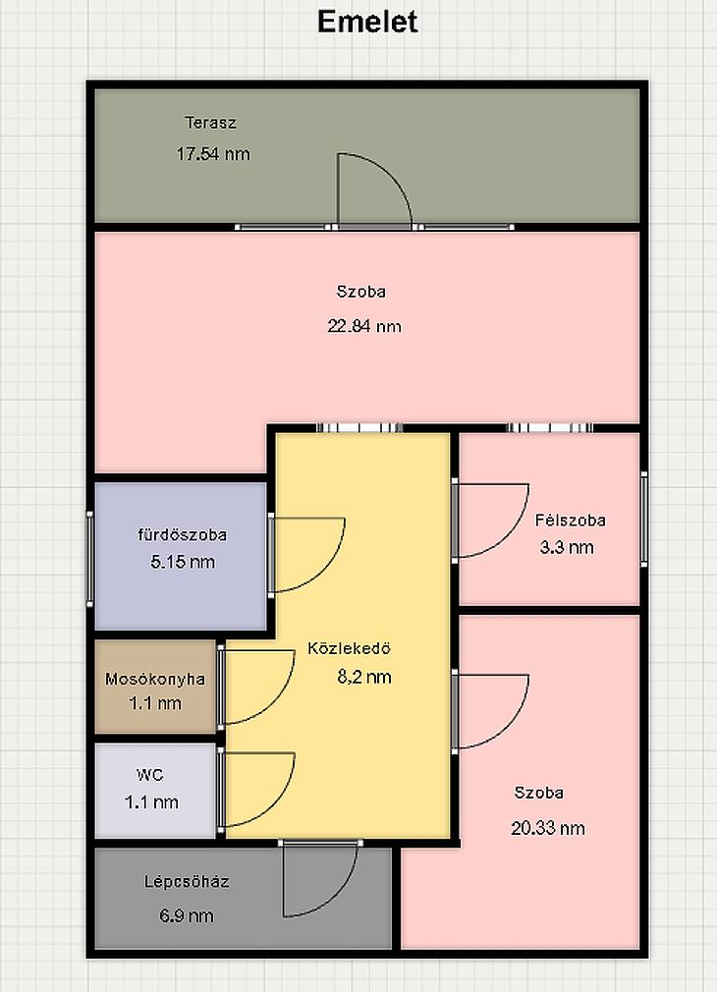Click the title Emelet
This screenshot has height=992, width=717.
(x=367, y=22)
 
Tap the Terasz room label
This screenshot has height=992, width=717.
(x=211, y=122)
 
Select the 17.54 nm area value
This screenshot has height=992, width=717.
(x=213, y=154)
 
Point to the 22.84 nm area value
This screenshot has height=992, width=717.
(x=363, y=326)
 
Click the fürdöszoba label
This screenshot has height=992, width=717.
(x=183, y=534)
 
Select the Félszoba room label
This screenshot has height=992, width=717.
(x=571, y=520)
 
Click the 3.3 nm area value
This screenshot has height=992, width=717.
(x=567, y=547)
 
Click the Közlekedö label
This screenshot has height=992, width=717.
(x=350, y=648)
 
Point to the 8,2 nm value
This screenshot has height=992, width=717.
(x=364, y=677)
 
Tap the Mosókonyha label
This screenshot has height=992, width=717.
(x=155, y=679)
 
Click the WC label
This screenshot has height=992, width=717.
(x=150, y=774)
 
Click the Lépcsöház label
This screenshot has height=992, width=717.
(x=187, y=881)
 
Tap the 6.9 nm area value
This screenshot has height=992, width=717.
(x=186, y=915)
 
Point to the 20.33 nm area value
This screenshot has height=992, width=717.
(x=548, y=828)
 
